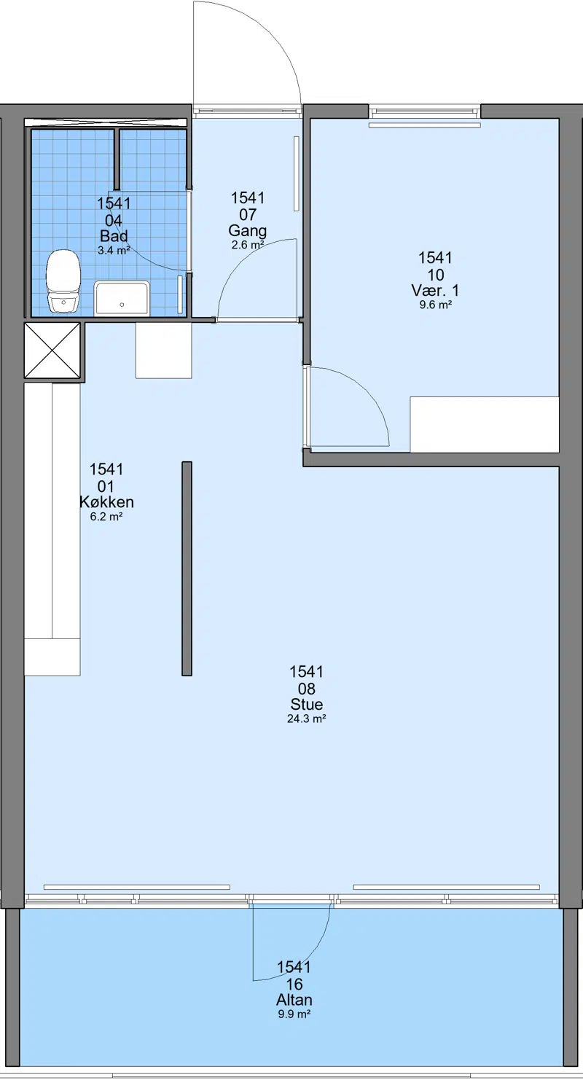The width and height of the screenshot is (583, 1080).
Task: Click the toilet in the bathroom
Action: [x=63, y=281]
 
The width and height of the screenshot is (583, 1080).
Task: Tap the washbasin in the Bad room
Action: [x=121, y=297]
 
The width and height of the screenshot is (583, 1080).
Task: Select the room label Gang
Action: [x=247, y=230]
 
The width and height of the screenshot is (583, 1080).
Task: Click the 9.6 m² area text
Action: [x=436, y=305]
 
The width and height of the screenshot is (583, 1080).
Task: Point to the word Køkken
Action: [x=106, y=502]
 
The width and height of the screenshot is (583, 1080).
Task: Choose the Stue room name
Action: [x=307, y=705]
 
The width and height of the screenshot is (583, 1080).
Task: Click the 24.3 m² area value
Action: [x=307, y=719]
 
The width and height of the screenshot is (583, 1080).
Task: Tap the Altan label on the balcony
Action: [x=294, y=1000]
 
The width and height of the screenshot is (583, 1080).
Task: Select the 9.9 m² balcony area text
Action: [x=294, y=1014]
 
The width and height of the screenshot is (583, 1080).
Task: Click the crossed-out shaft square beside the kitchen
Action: [x=52, y=351]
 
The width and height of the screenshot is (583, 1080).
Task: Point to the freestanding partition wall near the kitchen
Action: [x=187, y=569]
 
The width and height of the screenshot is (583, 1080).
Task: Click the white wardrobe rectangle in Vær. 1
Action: [x=484, y=424]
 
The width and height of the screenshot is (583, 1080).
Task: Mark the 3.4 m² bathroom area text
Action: [x=114, y=251]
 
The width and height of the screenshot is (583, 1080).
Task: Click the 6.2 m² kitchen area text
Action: [x=106, y=517]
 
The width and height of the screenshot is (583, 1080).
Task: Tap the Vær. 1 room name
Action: [x=435, y=290]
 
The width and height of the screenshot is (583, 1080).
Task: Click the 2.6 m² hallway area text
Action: [x=247, y=245]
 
